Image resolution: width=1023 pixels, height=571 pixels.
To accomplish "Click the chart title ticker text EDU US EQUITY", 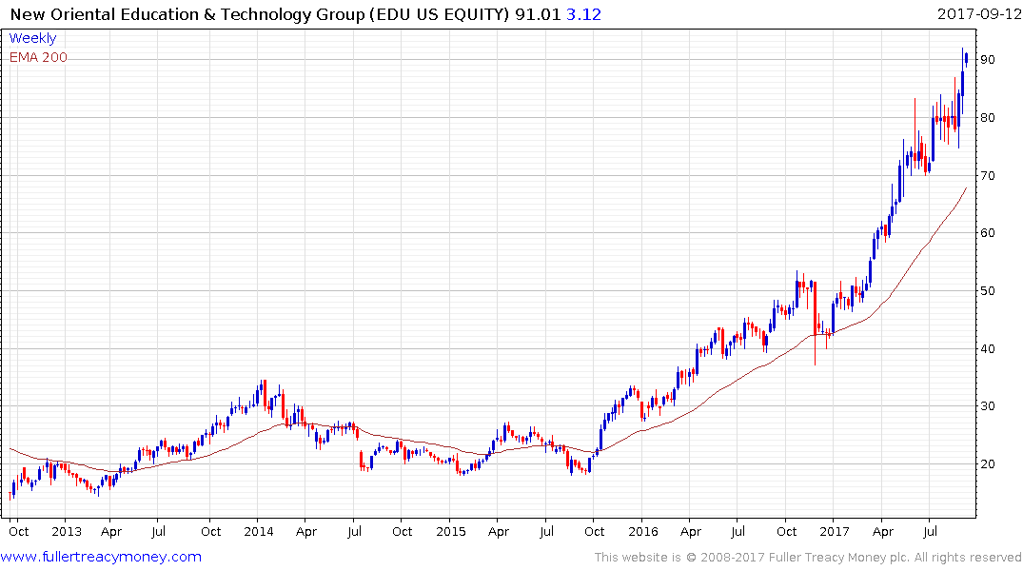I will tap(451, 14).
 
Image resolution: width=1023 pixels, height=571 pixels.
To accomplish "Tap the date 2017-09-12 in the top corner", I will tap(977, 14).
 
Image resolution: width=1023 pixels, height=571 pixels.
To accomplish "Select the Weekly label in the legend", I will tap(32, 39).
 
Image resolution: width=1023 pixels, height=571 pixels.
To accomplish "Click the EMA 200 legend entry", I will tap(38, 57).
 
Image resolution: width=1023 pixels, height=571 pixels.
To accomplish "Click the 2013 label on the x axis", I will tap(66, 532).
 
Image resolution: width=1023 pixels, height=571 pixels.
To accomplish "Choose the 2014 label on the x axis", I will tap(259, 532).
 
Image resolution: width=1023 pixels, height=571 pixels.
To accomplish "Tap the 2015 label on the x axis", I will tap(451, 532).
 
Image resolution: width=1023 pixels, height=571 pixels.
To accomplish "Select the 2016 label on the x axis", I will tap(643, 532).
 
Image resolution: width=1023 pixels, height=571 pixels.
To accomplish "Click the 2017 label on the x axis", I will tap(835, 532).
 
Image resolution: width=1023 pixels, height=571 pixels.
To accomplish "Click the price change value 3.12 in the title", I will tap(584, 14).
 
